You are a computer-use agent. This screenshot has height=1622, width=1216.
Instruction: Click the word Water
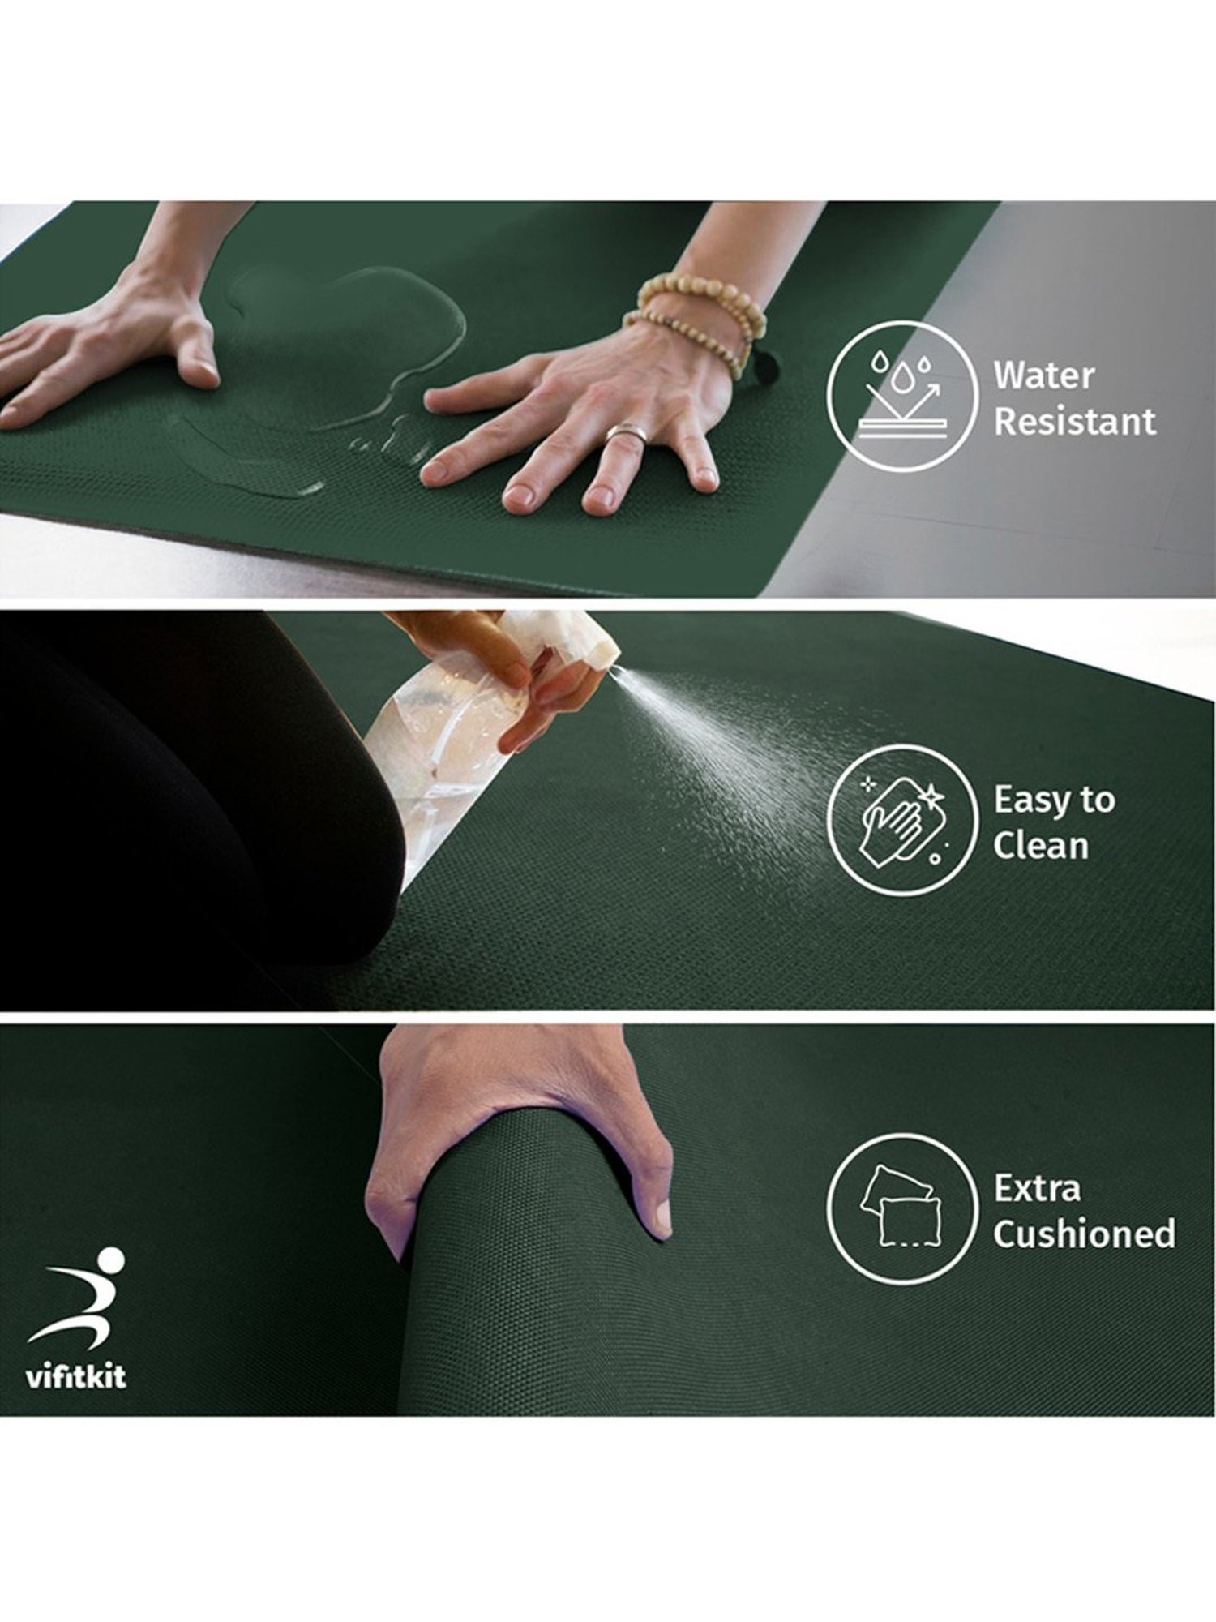(x=1043, y=375)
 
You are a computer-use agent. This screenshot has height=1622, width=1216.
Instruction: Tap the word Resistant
(x=1075, y=422)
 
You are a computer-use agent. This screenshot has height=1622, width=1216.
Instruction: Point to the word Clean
(x=1040, y=846)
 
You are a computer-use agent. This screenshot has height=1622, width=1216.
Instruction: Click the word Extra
(x=1037, y=1188)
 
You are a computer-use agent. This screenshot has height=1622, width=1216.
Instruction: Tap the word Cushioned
(x=1084, y=1234)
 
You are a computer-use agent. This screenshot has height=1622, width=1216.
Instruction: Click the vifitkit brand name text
(x=76, y=1378)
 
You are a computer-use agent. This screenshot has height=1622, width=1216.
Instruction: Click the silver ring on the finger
(x=623, y=434)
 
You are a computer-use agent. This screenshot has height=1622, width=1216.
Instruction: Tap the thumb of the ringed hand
(x=454, y=397)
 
